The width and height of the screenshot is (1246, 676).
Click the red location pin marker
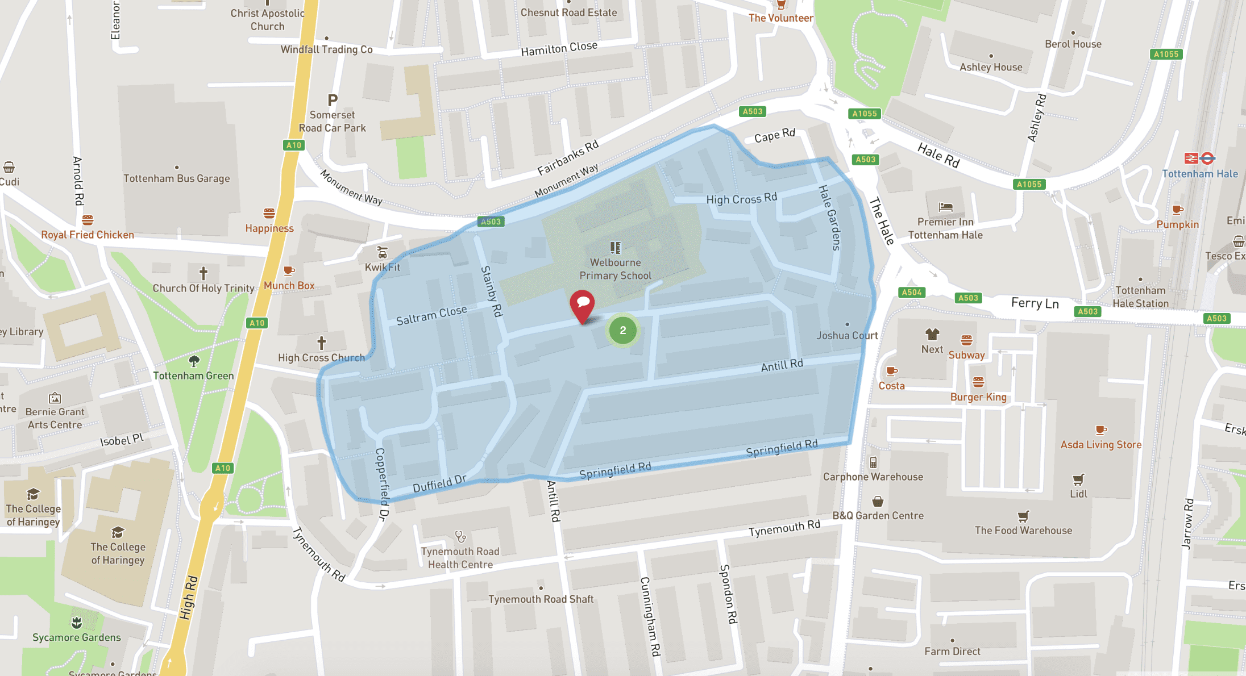(x=582, y=304)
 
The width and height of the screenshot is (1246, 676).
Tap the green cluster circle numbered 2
(x=623, y=331)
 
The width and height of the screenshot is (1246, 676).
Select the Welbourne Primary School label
(x=615, y=269)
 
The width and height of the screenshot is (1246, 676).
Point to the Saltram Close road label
(x=431, y=315)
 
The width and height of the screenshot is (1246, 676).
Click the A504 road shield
(x=912, y=293)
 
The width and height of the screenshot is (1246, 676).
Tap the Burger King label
(x=978, y=397)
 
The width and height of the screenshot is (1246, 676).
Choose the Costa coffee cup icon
(x=891, y=372)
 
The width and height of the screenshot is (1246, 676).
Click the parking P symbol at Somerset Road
(x=333, y=101)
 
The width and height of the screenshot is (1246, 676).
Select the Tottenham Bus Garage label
(x=177, y=178)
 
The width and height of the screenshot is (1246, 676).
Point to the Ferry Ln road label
(x=1035, y=303)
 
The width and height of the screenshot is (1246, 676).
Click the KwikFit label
(x=383, y=267)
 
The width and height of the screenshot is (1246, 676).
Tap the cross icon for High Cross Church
(x=322, y=343)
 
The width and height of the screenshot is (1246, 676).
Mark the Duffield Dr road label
(x=439, y=483)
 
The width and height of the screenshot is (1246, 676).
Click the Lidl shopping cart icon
(x=1078, y=479)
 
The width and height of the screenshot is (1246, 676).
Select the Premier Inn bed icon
(x=945, y=207)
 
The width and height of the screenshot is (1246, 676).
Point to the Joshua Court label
(x=847, y=335)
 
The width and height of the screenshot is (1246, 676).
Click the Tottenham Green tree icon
(x=194, y=361)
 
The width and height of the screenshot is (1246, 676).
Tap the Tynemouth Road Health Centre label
(x=460, y=558)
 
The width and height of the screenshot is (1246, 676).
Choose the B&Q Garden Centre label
(x=878, y=516)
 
